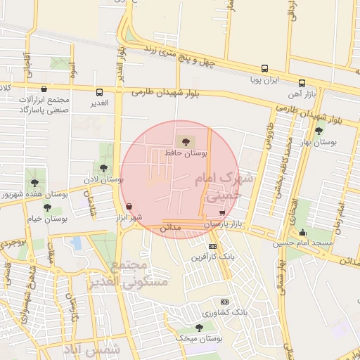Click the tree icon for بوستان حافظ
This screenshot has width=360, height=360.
(x=185, y=142)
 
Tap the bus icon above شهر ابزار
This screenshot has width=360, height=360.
(x=129, y=207)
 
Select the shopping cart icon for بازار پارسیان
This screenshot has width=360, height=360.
(x=223, y=212)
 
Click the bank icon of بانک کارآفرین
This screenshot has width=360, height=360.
(x=212, y=246)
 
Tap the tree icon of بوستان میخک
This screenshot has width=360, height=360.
(x=199, y=328)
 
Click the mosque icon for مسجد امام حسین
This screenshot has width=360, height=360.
(x=303, y=233)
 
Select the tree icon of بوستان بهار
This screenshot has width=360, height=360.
(x=319, y=131)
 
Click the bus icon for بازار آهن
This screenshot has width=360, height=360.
(x=302, y=83)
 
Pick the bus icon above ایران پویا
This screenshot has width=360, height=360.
(x=264, y=69)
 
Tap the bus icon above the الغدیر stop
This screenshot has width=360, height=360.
(x=99, y=92)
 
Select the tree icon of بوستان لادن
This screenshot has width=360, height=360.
(x=104, y=168)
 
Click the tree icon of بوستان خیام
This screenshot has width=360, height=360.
(x=47, y=207)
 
